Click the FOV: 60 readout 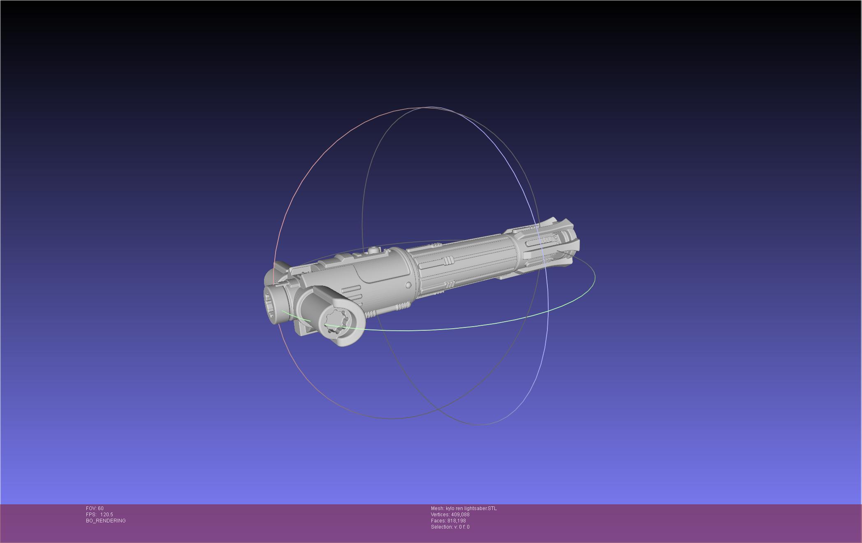(x=95, y=508)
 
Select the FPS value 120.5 (x=107, y=515)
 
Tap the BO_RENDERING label (x=106, y=521)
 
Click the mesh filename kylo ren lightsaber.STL (x=471, y=508)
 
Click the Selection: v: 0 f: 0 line (x=450, y=527)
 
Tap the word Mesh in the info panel (x=437, y=508)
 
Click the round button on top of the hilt (x=373, y=249)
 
